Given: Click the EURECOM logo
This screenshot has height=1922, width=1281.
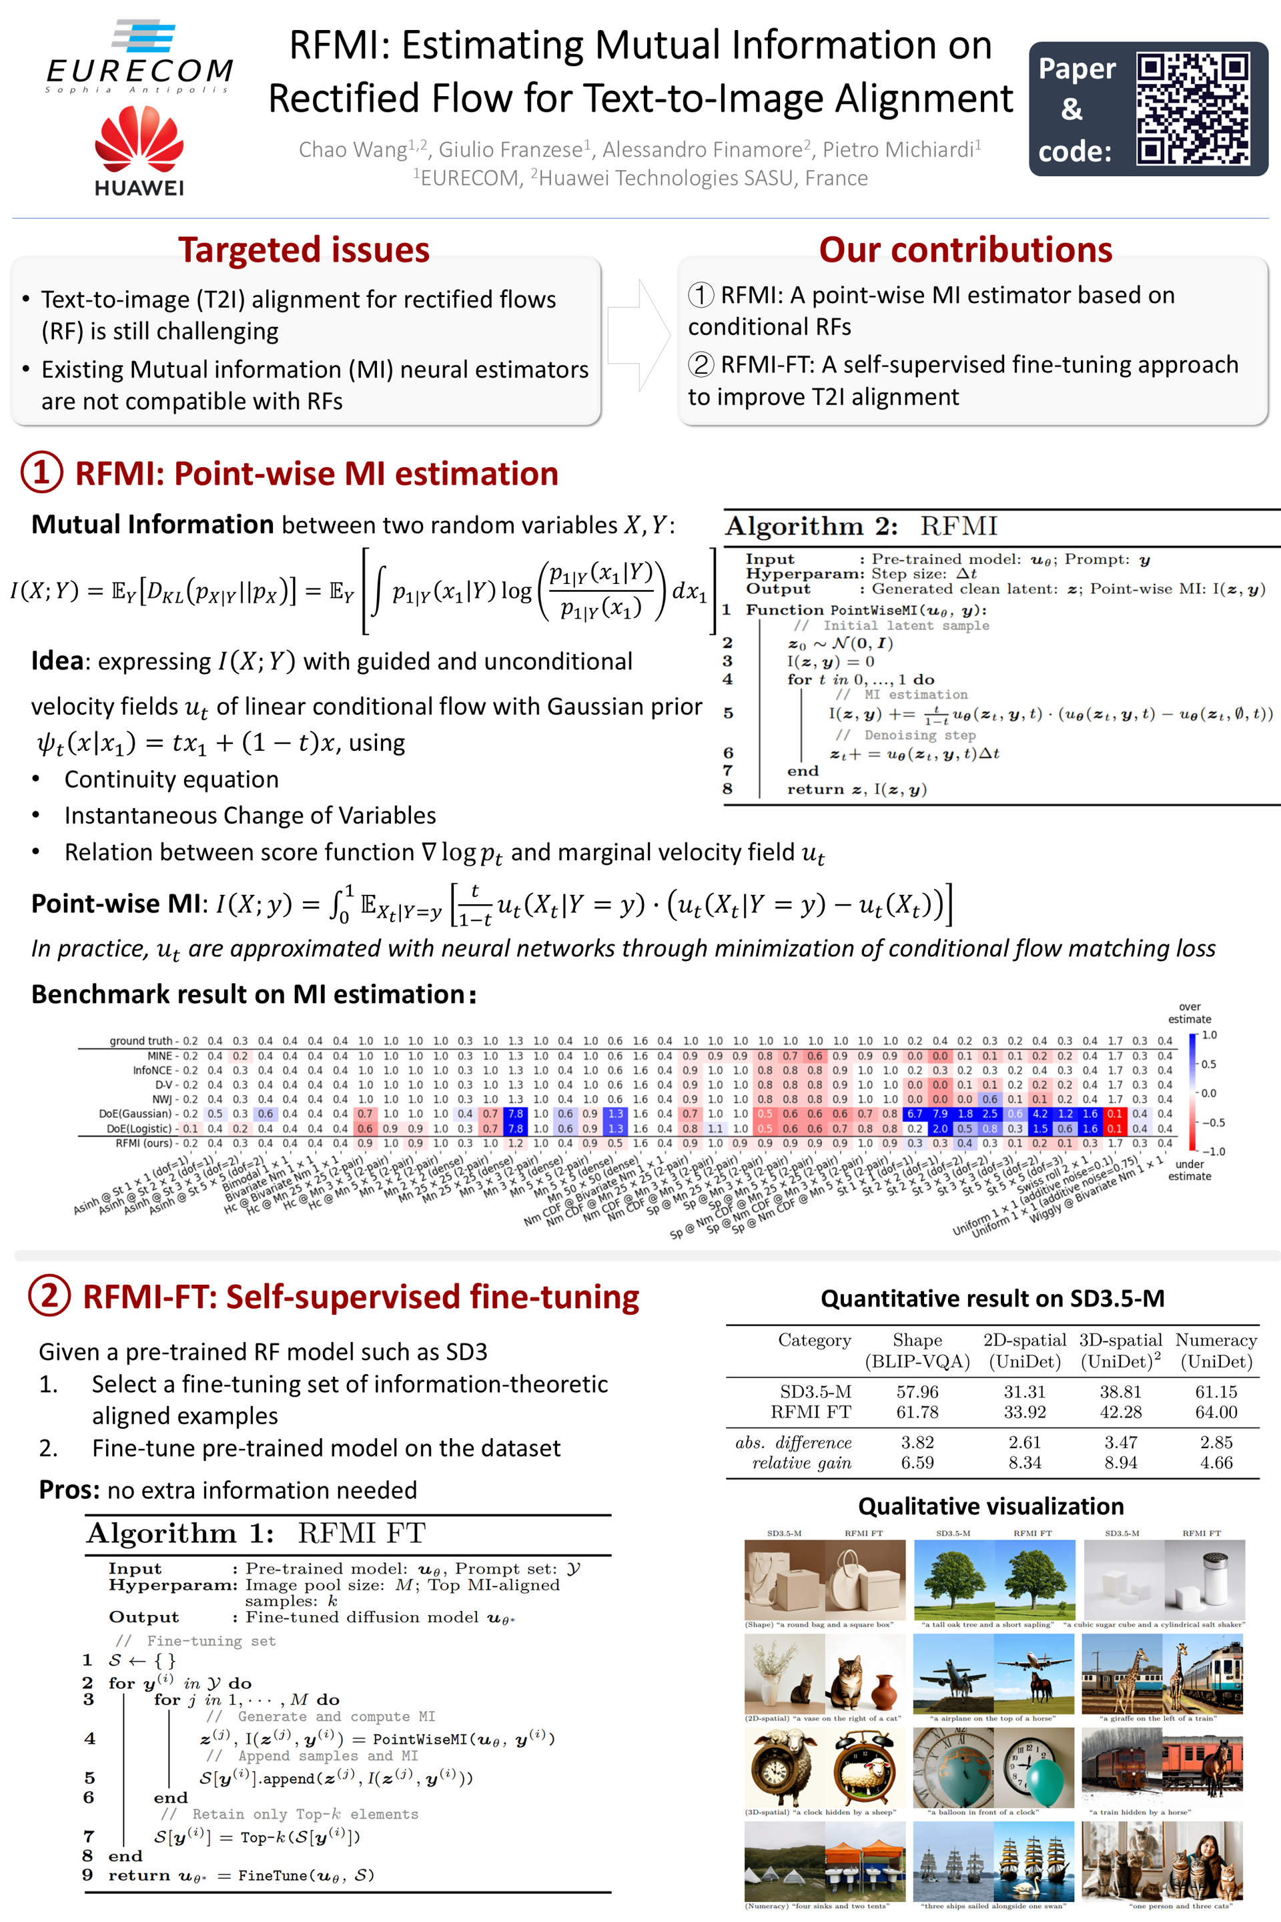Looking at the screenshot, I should (x=139, y=57).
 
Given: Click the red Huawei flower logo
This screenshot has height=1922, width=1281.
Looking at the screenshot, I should (x=139, y=141).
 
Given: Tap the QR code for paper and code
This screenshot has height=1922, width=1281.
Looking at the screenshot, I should (x=1192, y=109).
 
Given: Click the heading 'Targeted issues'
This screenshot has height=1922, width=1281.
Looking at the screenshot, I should (x=304, y=249).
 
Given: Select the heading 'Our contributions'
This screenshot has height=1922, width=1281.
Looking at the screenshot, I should (x=965, y=249).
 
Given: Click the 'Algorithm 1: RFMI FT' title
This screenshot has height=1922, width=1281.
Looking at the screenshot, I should (x=256, y=1533).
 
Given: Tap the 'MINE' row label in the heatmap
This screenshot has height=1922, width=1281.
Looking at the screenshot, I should (x=159, y=1056).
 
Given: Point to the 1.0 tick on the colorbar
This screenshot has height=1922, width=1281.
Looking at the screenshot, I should (x=1208, y=1035).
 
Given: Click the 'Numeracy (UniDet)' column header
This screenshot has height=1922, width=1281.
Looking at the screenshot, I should (x=1216, y=1350).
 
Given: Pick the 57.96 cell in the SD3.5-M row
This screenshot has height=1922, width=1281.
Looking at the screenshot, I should (x=917, y=1391).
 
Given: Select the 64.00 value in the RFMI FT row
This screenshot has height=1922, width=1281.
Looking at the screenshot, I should (x=1216, y=1412).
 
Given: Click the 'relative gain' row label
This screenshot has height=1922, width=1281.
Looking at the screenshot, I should (x=801, y=1463).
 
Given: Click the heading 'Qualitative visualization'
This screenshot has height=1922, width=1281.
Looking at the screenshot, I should (x=990, y=1506).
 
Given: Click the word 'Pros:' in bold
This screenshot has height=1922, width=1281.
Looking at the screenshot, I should (x=70, y=1490).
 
